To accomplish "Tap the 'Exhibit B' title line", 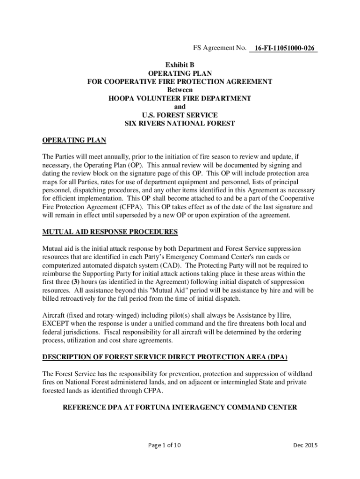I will pos(180,65).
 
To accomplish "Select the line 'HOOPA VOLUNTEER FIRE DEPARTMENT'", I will pos(180,98).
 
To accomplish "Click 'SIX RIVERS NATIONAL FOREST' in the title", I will pos(180,123).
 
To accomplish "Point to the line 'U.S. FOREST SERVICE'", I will pos(180,115).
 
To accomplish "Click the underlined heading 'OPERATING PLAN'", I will pos(74,140).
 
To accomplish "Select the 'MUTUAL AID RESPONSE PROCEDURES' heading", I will pos(110,232).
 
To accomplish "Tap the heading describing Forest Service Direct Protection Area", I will pos(165,357).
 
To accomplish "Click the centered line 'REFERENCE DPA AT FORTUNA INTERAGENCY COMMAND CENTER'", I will pos(180,407).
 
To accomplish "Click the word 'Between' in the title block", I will pos(180,90).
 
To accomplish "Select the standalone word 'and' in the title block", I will pos(180,107).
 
